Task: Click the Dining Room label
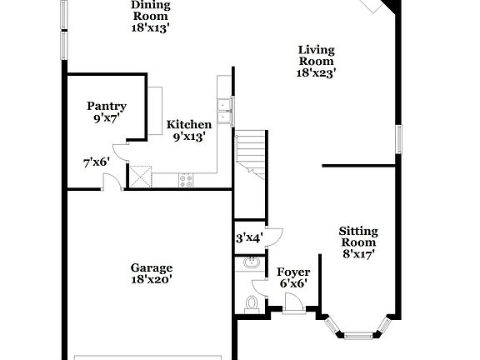(151, 10)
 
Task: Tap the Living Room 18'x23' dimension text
(317, 73)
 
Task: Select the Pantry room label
(107, 106)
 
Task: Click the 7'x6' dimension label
(96, 162)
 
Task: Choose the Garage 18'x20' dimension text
(151, 281)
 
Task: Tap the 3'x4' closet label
(249, 237)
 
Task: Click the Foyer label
(293, 272)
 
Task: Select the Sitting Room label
(358, 237)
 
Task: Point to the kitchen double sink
(223, 109)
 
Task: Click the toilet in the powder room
(251, 304)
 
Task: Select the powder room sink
(249, 263)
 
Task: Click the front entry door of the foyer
(293, 306)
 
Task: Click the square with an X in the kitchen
(140, 175)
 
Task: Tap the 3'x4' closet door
(274, 234)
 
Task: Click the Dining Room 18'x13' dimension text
(151, 27)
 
